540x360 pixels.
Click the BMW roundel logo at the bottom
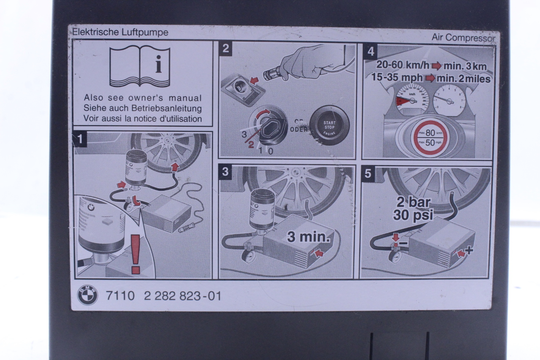pos(88,295)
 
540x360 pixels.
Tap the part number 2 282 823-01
pos(182,296)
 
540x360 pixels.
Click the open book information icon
pos(140,67)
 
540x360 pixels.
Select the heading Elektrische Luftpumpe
pos(120,32)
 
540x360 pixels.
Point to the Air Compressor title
pos(463,38)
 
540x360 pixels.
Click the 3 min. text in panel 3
pos(309,237)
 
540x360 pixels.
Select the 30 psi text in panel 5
pos(413,215)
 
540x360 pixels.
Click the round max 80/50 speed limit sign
pos(430,137)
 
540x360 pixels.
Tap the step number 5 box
pos(368,174)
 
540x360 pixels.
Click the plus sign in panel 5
pos(469,250)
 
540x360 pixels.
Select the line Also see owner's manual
pos(143,98)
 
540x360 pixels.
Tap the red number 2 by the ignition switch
pos(251,145)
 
